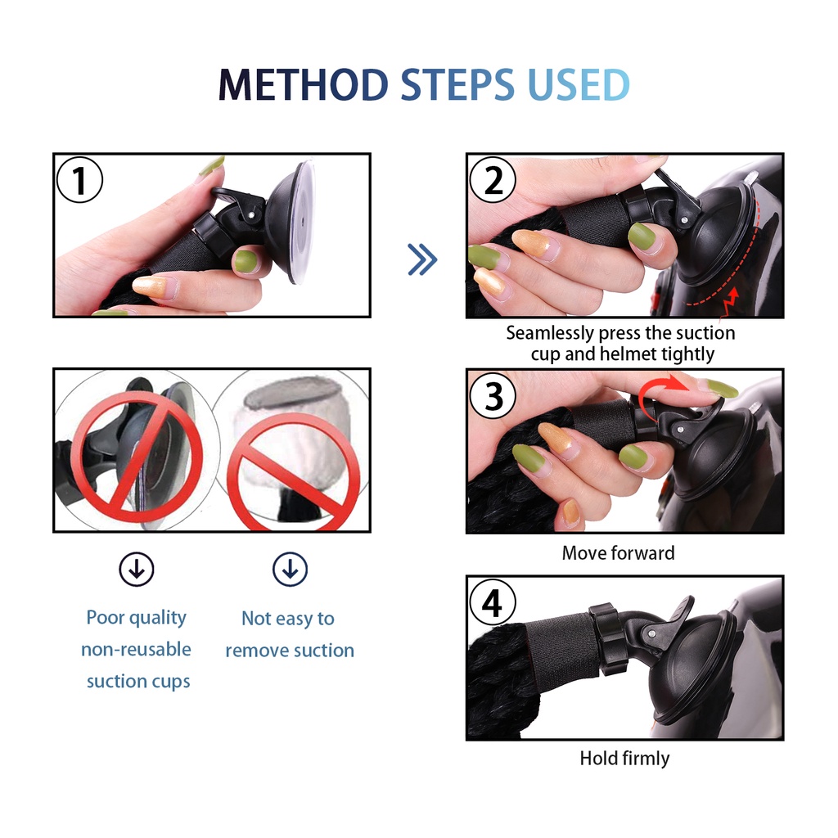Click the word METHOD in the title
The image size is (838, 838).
click(303, 84)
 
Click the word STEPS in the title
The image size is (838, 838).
click(457, 84)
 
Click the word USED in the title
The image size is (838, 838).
click(579, 84)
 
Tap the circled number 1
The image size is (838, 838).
click(79, 179)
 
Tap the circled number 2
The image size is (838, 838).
click(493, 179)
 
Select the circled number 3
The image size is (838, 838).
click(493, 396)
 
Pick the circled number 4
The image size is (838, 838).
click(493, 602)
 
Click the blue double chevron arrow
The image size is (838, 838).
click(422, 259)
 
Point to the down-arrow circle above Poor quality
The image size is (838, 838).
click(137, 570)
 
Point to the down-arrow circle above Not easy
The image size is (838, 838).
click(291, 570)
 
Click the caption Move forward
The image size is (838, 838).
click(619, 552)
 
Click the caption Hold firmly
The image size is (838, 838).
click(624, 759)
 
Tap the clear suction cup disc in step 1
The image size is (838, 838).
click(302, 221)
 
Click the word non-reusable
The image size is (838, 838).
click(137, 649)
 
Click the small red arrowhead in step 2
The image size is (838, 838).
click(734, 294)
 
